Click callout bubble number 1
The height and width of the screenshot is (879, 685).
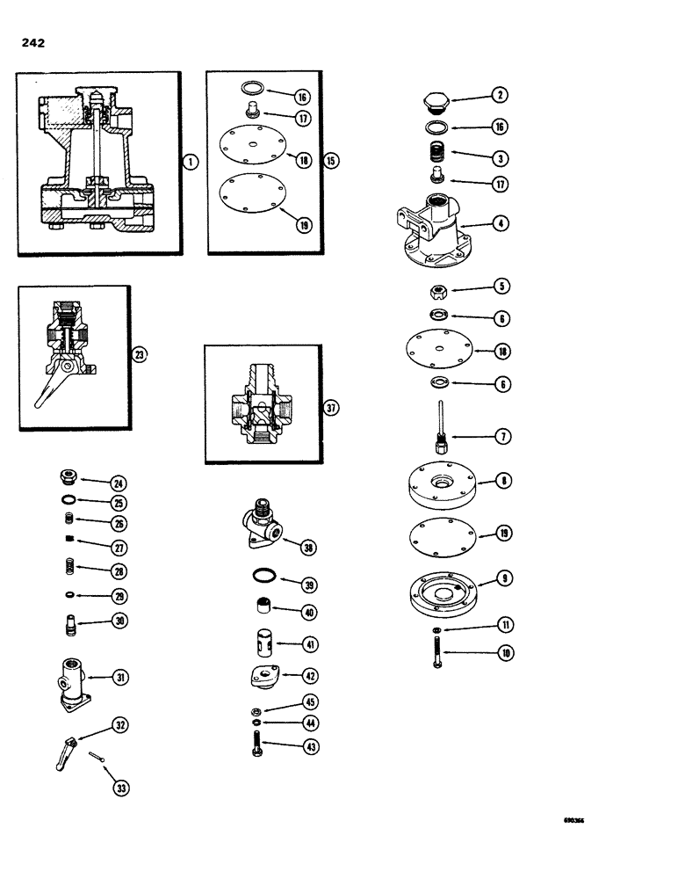pyautogui.click(x=191, y=162)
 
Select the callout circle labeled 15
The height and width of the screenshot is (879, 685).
pyautogui.click(x=330, y=161)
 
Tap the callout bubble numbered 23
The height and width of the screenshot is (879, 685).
pyautogui.click(x=139, y=355)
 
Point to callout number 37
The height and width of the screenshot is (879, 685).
pyautogui.click(x=330, y=408)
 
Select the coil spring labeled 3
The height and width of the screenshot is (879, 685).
pyautogui.click(x=436, y=156)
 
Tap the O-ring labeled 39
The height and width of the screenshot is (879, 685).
pyautogui.click(x=261, y=578)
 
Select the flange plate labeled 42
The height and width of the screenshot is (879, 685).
pyautogui.click(x=261, y=678)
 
